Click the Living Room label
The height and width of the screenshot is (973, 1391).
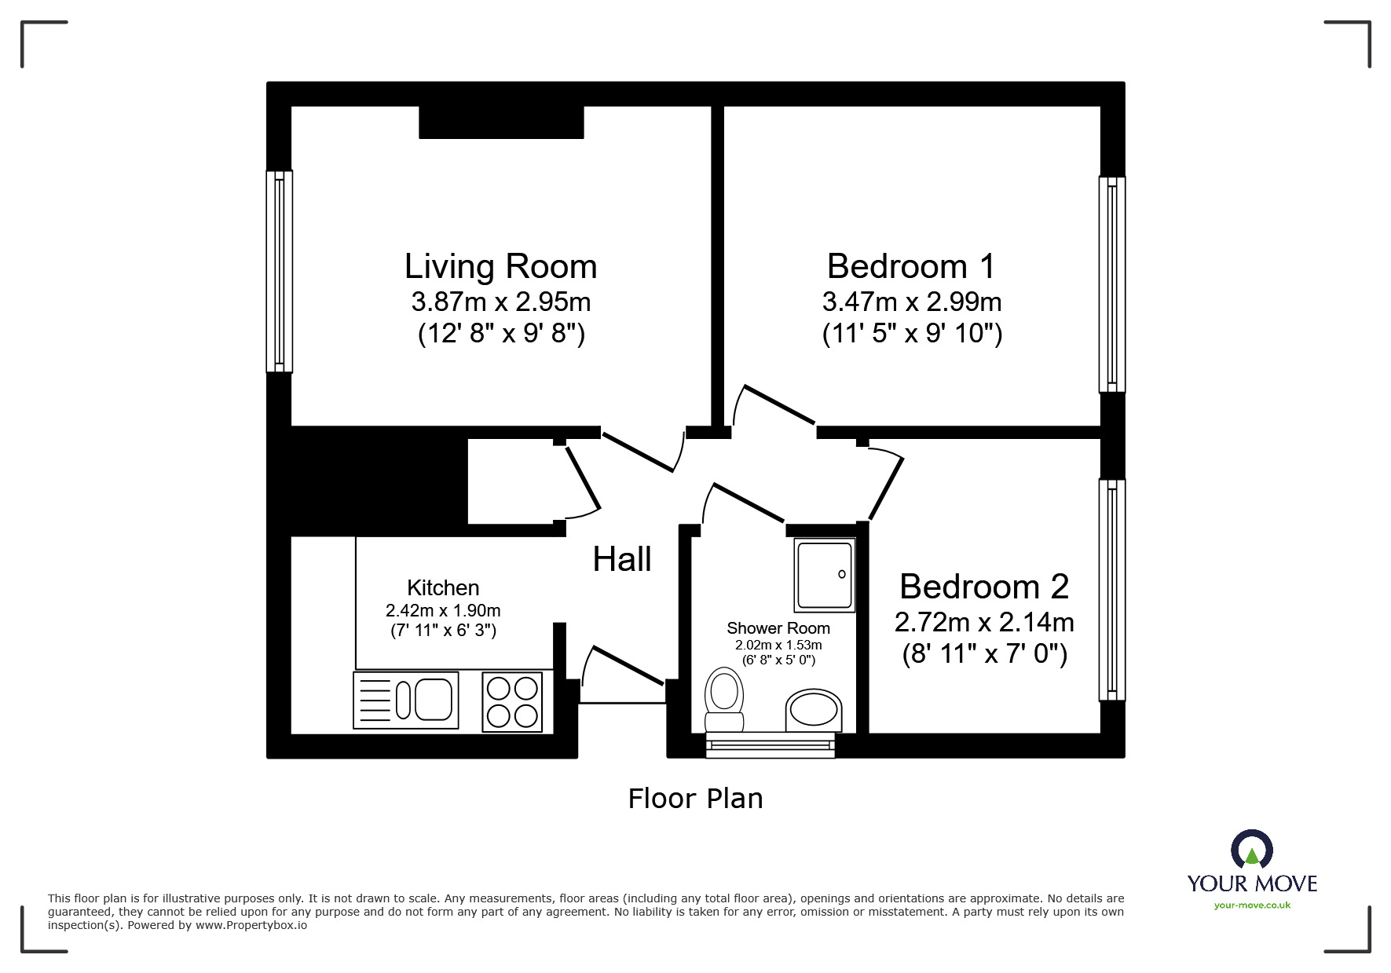[x=500, y=267]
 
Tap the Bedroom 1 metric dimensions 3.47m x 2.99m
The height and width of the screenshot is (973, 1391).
[x=911, y=302]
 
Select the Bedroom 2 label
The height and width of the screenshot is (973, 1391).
[x=983, y=587]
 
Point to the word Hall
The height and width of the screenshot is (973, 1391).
[x=621, y=560]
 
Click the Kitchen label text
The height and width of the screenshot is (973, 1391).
[x=443, y=587]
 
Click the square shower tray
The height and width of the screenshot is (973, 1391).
[x=824, y=576]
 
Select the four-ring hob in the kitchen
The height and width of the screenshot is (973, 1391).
[x=512, y=701]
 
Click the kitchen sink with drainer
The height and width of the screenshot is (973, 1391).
[x=406, y=700]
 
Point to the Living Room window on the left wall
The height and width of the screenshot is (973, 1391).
[x=280, y=271]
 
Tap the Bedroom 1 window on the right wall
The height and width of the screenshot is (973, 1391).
[x=1111, y=284]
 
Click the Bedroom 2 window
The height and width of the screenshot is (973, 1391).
[x=1111, y=589]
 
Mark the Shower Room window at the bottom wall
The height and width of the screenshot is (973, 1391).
[x=770, y=744]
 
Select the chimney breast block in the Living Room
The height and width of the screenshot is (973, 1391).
[x=501, y=123]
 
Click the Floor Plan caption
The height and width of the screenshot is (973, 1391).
[x=695, y=799]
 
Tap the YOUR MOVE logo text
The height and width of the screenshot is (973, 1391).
[x=1252, y=883]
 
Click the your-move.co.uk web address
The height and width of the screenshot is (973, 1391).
[x=1252, y=905]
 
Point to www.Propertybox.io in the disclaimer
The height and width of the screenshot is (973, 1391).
[x=251, y=925]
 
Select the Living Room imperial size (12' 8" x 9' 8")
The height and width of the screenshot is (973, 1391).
[x=500, y=335]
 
